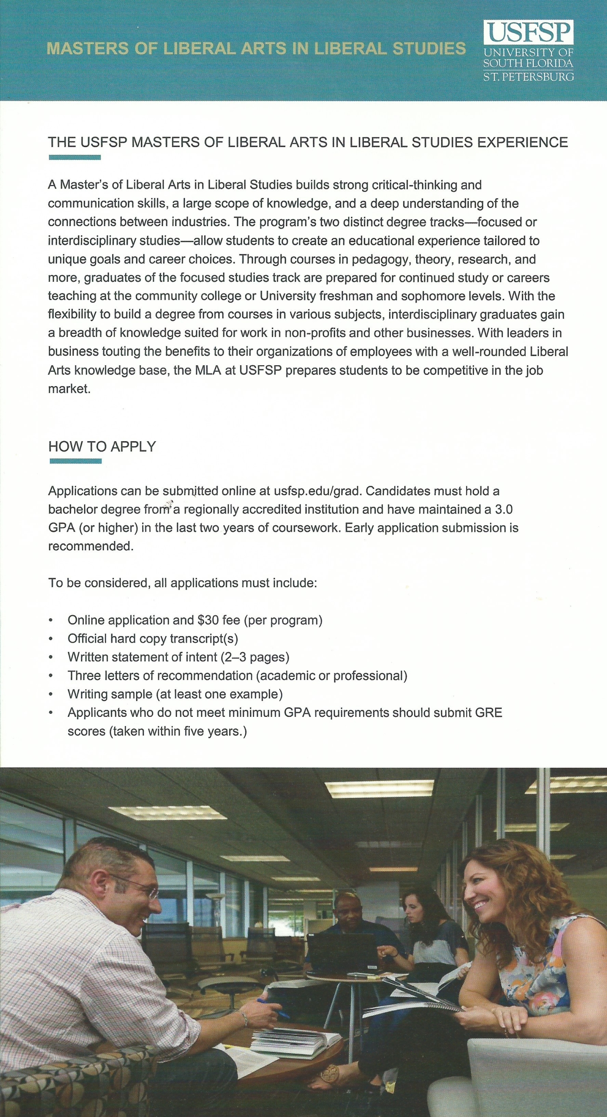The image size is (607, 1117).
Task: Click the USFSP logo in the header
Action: pos(528,33)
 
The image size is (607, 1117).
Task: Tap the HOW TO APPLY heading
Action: pos(102,446)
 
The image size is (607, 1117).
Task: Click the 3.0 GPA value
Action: pos(504,509)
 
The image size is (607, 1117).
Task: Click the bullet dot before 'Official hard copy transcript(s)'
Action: pos(51,639)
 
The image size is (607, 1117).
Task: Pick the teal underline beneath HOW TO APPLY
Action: pos(75,461)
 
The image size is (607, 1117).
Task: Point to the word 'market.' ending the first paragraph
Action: pos(69,389)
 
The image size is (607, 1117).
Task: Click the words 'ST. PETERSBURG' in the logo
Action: pos(528,77)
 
